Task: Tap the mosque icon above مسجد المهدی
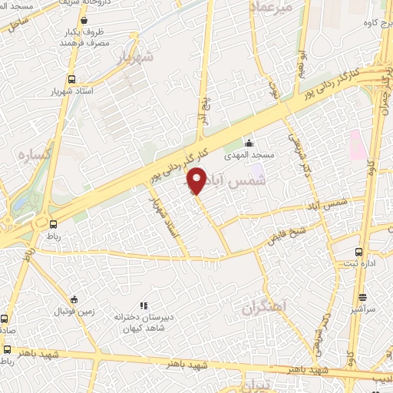click(x=248, y=143)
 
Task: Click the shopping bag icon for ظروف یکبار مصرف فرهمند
click(x=83, y=21)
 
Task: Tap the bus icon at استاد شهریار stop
click(x=71, y=79)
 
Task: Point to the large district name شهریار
click(x=137, y=57)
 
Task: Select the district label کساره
click(x=35, y=154)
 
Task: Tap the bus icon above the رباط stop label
click(x=53, y=224)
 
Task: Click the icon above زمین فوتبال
click(x=74, y=299)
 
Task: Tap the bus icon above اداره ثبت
click(x=358, y=252)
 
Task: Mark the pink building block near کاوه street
click(x=357, y=144)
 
